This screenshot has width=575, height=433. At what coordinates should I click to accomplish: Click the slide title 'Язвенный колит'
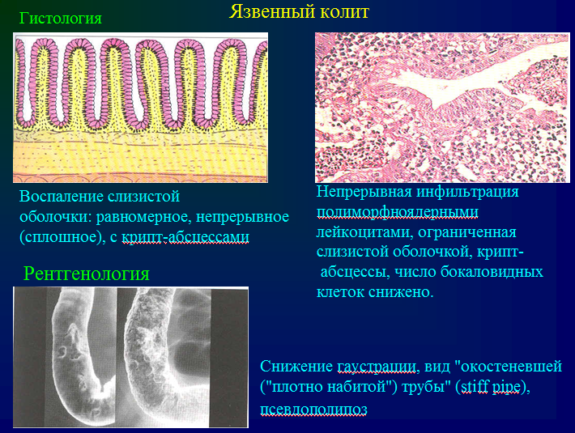299,12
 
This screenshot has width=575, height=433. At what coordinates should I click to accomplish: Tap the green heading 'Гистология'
61,19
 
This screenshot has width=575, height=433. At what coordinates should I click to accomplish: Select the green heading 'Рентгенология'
87,274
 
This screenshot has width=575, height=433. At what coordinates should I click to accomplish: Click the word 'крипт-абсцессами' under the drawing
185,237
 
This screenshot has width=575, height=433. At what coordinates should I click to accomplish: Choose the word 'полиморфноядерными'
398,213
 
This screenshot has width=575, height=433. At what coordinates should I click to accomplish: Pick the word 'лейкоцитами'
365,232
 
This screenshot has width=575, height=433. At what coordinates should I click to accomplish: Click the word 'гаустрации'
378,367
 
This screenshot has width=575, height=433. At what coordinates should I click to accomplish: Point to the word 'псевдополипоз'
314,410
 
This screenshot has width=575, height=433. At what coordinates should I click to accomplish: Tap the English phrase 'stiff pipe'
490,387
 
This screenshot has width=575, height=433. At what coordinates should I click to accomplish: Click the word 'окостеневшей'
511,367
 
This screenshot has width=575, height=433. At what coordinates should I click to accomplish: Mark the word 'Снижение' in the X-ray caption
296,366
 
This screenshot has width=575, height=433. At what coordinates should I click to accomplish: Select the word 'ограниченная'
467,232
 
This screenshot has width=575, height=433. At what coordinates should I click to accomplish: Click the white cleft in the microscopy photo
451,88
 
